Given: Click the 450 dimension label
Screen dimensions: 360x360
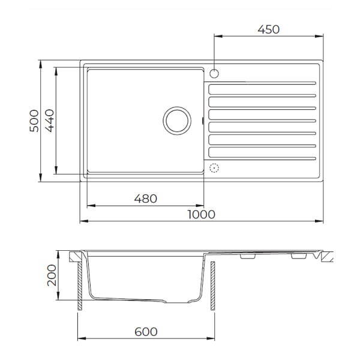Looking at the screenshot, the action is point(268,29).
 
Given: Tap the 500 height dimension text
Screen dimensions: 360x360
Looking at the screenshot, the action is point(34,121).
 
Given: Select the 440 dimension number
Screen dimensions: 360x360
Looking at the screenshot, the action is point(50,121).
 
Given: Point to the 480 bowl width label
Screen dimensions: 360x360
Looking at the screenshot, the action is point(146,199).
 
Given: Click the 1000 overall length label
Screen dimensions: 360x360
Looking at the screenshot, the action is point(202,214).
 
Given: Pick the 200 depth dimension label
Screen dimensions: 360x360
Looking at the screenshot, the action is point(52,275).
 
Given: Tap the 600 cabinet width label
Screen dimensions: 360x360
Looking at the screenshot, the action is point(146,332).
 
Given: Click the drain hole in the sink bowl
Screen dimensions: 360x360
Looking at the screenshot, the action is point(177,121).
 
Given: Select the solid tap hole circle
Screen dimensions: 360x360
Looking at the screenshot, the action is point(214,73).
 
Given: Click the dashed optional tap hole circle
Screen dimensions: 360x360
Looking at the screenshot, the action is point(214,168).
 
